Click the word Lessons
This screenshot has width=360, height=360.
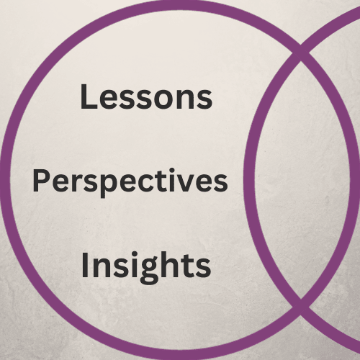[x=146, y=96]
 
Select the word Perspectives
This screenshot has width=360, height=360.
[x=130, y=182]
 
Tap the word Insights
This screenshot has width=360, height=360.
[x=146, y=266]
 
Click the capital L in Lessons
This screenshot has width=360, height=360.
[x=89, y=96]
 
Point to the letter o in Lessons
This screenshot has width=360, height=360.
[x=164, y=99]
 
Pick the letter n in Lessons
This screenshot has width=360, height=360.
[x=186, y=99]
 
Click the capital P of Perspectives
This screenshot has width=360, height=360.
[x=41, y=180]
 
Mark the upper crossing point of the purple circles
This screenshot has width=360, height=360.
[x=300, y=53]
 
